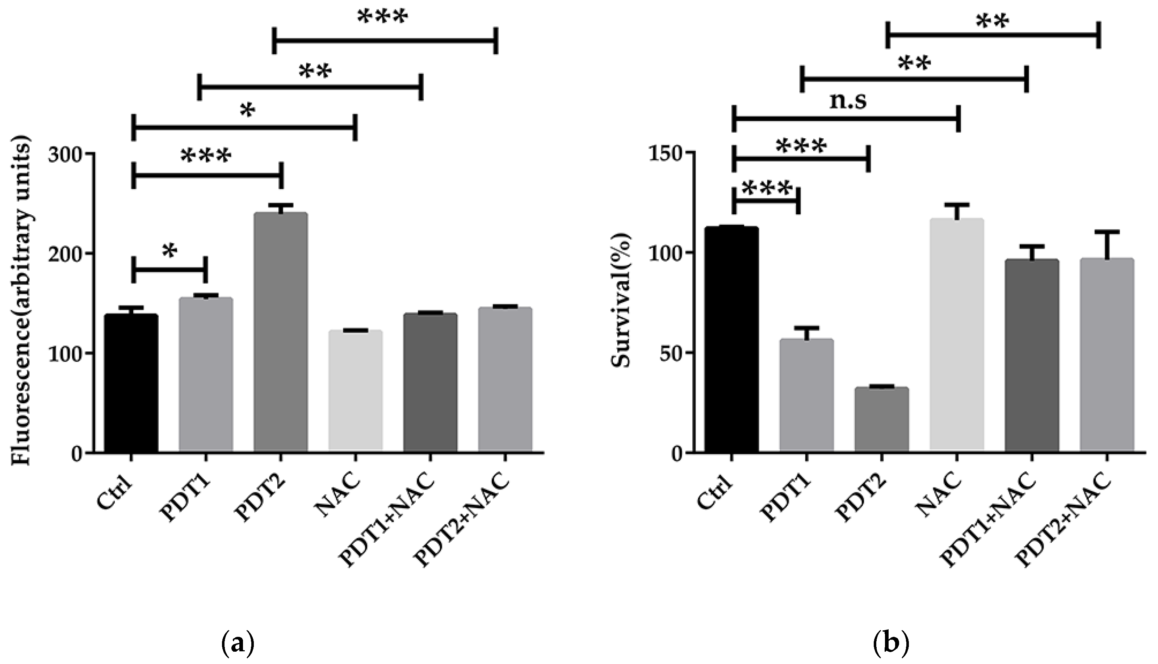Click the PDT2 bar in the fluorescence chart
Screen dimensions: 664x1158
click(281, 333)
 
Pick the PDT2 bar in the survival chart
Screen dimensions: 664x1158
click(881, 420)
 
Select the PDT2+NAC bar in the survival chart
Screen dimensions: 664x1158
click(1107, 356)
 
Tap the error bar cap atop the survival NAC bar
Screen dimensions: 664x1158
click(956, 205)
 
